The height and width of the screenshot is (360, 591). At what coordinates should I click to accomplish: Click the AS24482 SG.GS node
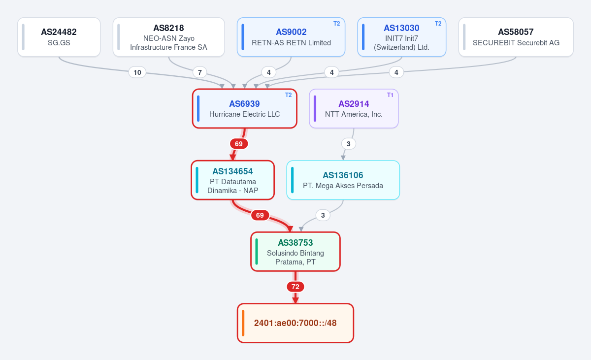(59, 37)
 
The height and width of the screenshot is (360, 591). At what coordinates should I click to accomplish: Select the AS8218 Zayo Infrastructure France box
(168, 37)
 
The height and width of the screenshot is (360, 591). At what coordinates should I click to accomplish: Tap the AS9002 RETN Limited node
(291, 37)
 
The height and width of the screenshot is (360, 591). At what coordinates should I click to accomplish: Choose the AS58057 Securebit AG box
(516, 37)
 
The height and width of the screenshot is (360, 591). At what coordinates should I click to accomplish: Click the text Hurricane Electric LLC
(245, 114)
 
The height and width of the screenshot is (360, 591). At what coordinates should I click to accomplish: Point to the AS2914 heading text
(354, 104)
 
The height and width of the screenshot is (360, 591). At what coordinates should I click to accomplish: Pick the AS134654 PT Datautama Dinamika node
(232, 180)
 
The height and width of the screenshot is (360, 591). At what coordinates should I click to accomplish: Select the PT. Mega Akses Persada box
(343, 180)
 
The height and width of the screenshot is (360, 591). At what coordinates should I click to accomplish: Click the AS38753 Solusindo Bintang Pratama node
(295, 252)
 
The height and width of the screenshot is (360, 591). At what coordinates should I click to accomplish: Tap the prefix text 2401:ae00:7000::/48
(295, 323)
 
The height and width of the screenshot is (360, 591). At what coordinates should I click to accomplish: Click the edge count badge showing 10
(137, 72)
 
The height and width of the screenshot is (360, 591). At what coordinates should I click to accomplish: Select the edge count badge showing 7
(200, 72)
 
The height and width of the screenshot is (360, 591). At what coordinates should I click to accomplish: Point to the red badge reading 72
(295, 287)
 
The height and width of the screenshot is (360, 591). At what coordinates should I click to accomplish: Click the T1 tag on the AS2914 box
(390, 95)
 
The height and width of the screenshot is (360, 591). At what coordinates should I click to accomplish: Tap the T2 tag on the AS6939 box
(289, 95)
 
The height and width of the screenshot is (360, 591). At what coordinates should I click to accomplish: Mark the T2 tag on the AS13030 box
(438, 24)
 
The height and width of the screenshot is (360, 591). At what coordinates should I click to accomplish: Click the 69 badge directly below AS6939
(239, 144)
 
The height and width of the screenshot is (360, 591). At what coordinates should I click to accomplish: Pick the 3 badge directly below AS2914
(349, 144)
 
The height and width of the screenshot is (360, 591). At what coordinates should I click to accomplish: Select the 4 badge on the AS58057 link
(396, 72)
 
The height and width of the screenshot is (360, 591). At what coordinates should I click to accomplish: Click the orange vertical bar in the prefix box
(243, 323)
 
